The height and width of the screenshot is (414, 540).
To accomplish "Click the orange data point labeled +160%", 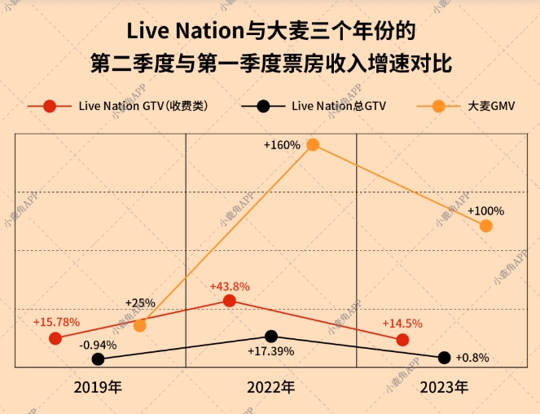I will point(313,145).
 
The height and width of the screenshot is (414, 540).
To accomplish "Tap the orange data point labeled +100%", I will point(486,226).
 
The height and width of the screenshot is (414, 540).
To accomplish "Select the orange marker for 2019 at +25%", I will point(139,325).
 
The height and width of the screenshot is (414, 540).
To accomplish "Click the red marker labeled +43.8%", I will point(230,301).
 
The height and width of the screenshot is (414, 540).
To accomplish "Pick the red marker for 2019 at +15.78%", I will point(55,338).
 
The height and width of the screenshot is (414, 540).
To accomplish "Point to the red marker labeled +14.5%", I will point(402,339).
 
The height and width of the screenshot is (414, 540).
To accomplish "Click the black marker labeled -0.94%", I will point(99,359).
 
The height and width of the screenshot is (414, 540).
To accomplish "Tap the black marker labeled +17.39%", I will point(271,336).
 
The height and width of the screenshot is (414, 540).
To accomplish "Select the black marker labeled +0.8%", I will point(444,357).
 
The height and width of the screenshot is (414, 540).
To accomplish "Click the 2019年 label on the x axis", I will point(98,387).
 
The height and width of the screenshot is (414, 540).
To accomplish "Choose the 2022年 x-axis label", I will point(270,387).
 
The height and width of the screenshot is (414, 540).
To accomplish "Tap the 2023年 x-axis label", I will point(444,387).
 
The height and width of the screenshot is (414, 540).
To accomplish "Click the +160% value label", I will point(282,144).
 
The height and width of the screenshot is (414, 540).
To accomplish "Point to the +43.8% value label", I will point(230,287).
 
